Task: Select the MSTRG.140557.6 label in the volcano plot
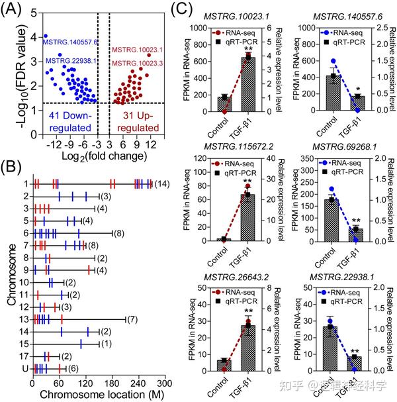70,42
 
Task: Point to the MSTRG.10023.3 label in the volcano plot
136,62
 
